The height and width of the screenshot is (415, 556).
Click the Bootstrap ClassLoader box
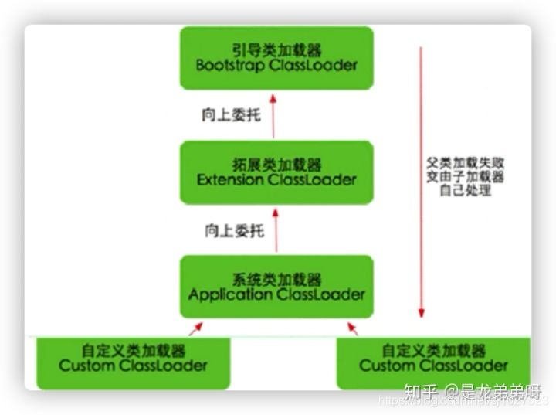(x=276, y=57)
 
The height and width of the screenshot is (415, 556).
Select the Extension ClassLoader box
(x=276, y=172)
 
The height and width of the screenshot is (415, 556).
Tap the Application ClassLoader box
(x=276, y=287)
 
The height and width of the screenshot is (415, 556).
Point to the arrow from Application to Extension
(x=276, y=230)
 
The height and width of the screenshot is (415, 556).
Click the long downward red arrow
(x=421, y=182)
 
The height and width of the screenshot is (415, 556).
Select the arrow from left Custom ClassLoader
(x=196, y=329)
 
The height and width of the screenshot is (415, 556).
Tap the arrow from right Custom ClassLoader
(x=353, y=329)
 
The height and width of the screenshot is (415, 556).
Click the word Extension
(x=230, y=181)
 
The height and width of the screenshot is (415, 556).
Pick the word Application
(x=227, y=295)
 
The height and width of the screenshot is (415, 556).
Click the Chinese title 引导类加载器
(x=276, y=49)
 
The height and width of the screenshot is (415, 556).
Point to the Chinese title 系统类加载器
(x=276, y=278)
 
